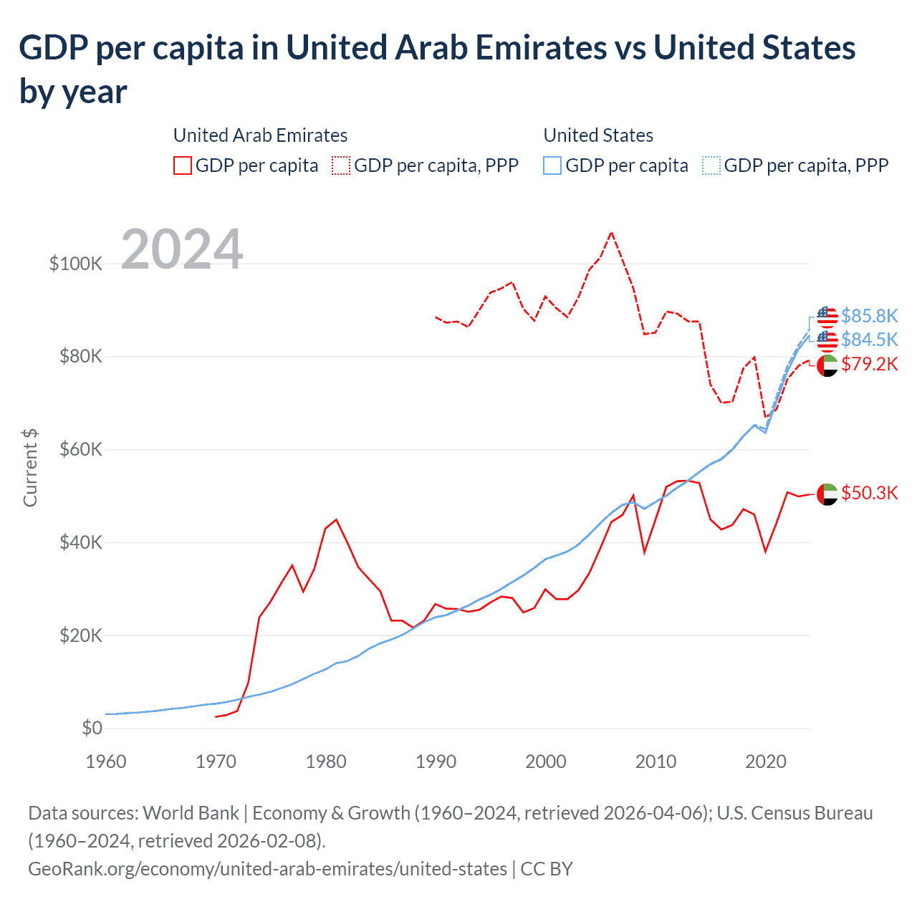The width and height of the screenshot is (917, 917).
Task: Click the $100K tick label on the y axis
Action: pos(76,264)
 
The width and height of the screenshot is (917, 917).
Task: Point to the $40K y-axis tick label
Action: pos(81,542)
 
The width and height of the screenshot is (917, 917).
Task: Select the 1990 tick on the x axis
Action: pos(436,761)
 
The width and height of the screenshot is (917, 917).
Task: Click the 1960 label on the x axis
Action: pos(106,761)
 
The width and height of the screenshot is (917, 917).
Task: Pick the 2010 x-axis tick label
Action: pos(656,761)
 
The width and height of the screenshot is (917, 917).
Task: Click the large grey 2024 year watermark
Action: pos(182,249)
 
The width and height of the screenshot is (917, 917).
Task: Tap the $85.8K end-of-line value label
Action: pos(869,316)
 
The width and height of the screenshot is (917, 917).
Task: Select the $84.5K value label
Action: pos(869,339)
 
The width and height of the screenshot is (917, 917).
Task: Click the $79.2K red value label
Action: pos(869,364)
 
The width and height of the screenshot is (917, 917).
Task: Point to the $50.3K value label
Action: pos(869,493)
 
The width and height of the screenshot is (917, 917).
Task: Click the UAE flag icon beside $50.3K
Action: pos(827,494)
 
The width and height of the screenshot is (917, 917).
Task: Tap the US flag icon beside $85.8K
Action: pos(827,316)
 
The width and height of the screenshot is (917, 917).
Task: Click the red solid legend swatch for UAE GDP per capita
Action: pos(183,165)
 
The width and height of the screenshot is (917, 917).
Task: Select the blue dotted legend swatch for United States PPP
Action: pos(711,165)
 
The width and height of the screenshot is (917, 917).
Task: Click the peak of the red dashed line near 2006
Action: pos(611,232)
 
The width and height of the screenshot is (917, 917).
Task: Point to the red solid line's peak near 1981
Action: pos(336,519)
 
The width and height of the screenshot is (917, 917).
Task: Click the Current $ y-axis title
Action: pos(30,468)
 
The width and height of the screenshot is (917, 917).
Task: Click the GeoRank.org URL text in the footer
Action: pos(267,868)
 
